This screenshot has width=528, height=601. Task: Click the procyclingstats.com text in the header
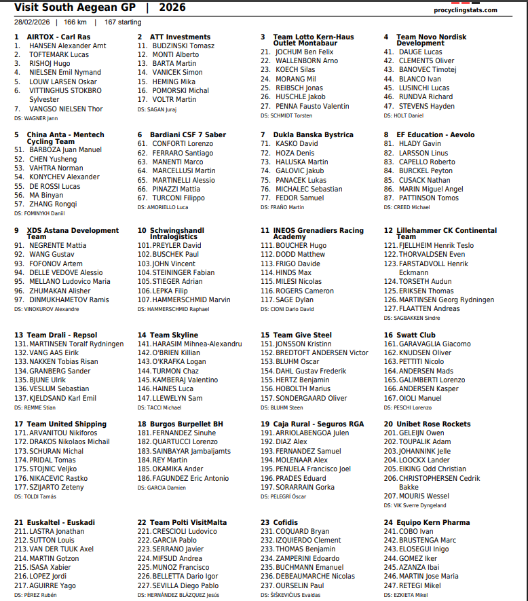pyautogui.click(x=464, y=10)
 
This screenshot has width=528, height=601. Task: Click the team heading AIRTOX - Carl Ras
pyautogui.click(x=58, y=37)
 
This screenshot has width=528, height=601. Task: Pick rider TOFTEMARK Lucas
pyautogui.click(x=59, y=54)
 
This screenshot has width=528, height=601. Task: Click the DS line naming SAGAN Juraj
pyautogui.click(x=157, y=109)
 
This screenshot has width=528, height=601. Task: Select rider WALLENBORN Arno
pyautogui.click(x=307, y=60)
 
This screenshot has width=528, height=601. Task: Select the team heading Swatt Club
pyautogui.click(x=416, y=335)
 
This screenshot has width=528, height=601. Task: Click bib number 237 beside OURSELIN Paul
pyautogui.click(x=266, y=585)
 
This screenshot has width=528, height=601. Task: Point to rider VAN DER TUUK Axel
pyautogui.click(x=61, y=549)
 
